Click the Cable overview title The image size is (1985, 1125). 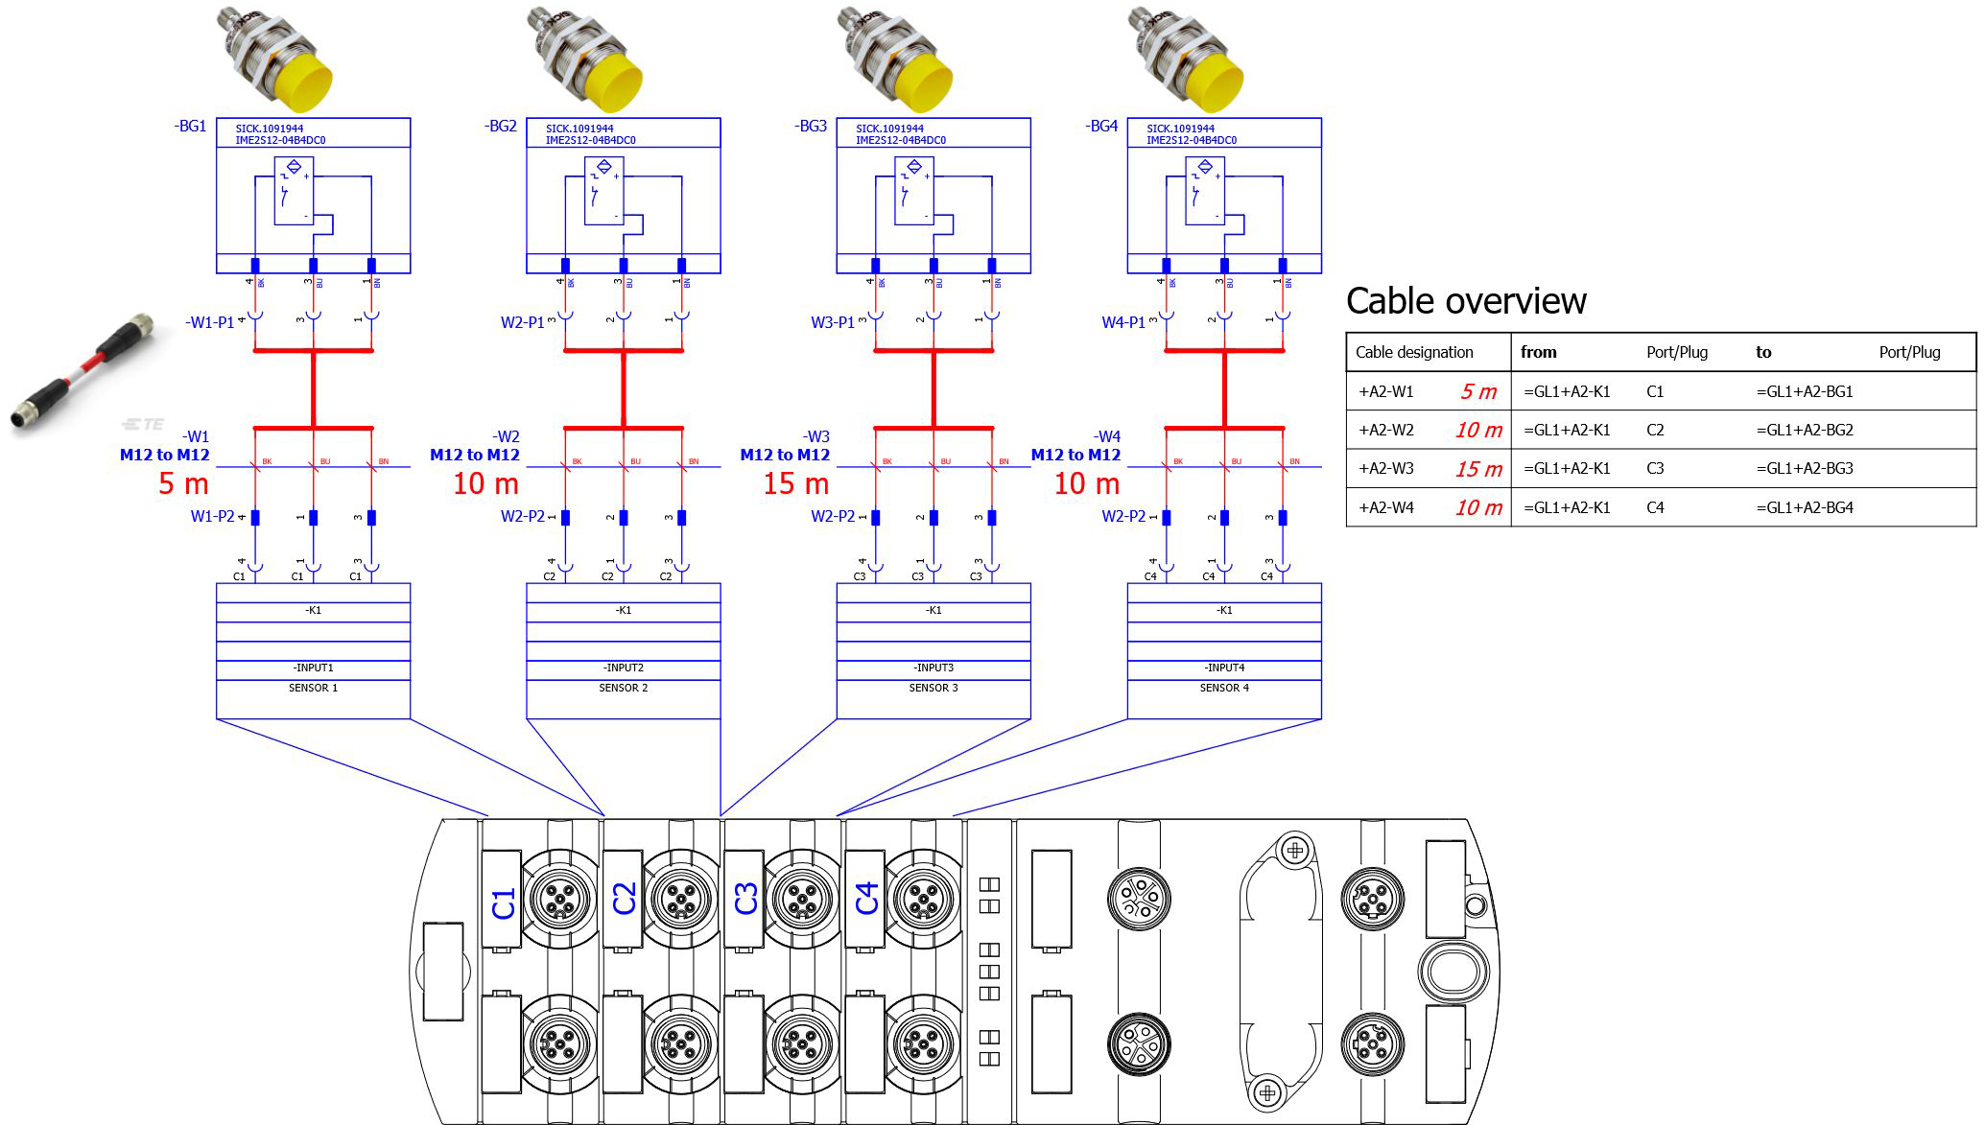point(1466,301)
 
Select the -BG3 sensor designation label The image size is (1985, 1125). point(812,127)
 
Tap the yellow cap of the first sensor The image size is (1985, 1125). point(297,82)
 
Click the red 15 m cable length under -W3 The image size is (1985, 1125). point(795,484)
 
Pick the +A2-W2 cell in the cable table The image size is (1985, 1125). point(1386,431)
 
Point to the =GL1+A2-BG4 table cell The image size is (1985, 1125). point(1805,507)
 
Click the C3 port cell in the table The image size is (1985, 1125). point(1655,469)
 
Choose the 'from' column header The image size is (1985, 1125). point(1538,352)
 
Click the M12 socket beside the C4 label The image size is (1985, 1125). point(922,899)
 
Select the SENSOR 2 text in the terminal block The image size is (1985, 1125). point(624,688)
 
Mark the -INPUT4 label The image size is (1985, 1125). point(1224,668)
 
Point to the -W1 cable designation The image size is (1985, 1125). point(197,437)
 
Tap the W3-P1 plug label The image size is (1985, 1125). point(832,322)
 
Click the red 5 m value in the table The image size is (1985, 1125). point(1478,391)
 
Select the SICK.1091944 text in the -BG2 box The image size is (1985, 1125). point(579,129)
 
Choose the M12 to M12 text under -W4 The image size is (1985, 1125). point(1075,455)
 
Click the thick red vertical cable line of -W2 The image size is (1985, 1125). point(624,388)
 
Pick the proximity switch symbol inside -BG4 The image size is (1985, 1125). point(1204,192)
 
